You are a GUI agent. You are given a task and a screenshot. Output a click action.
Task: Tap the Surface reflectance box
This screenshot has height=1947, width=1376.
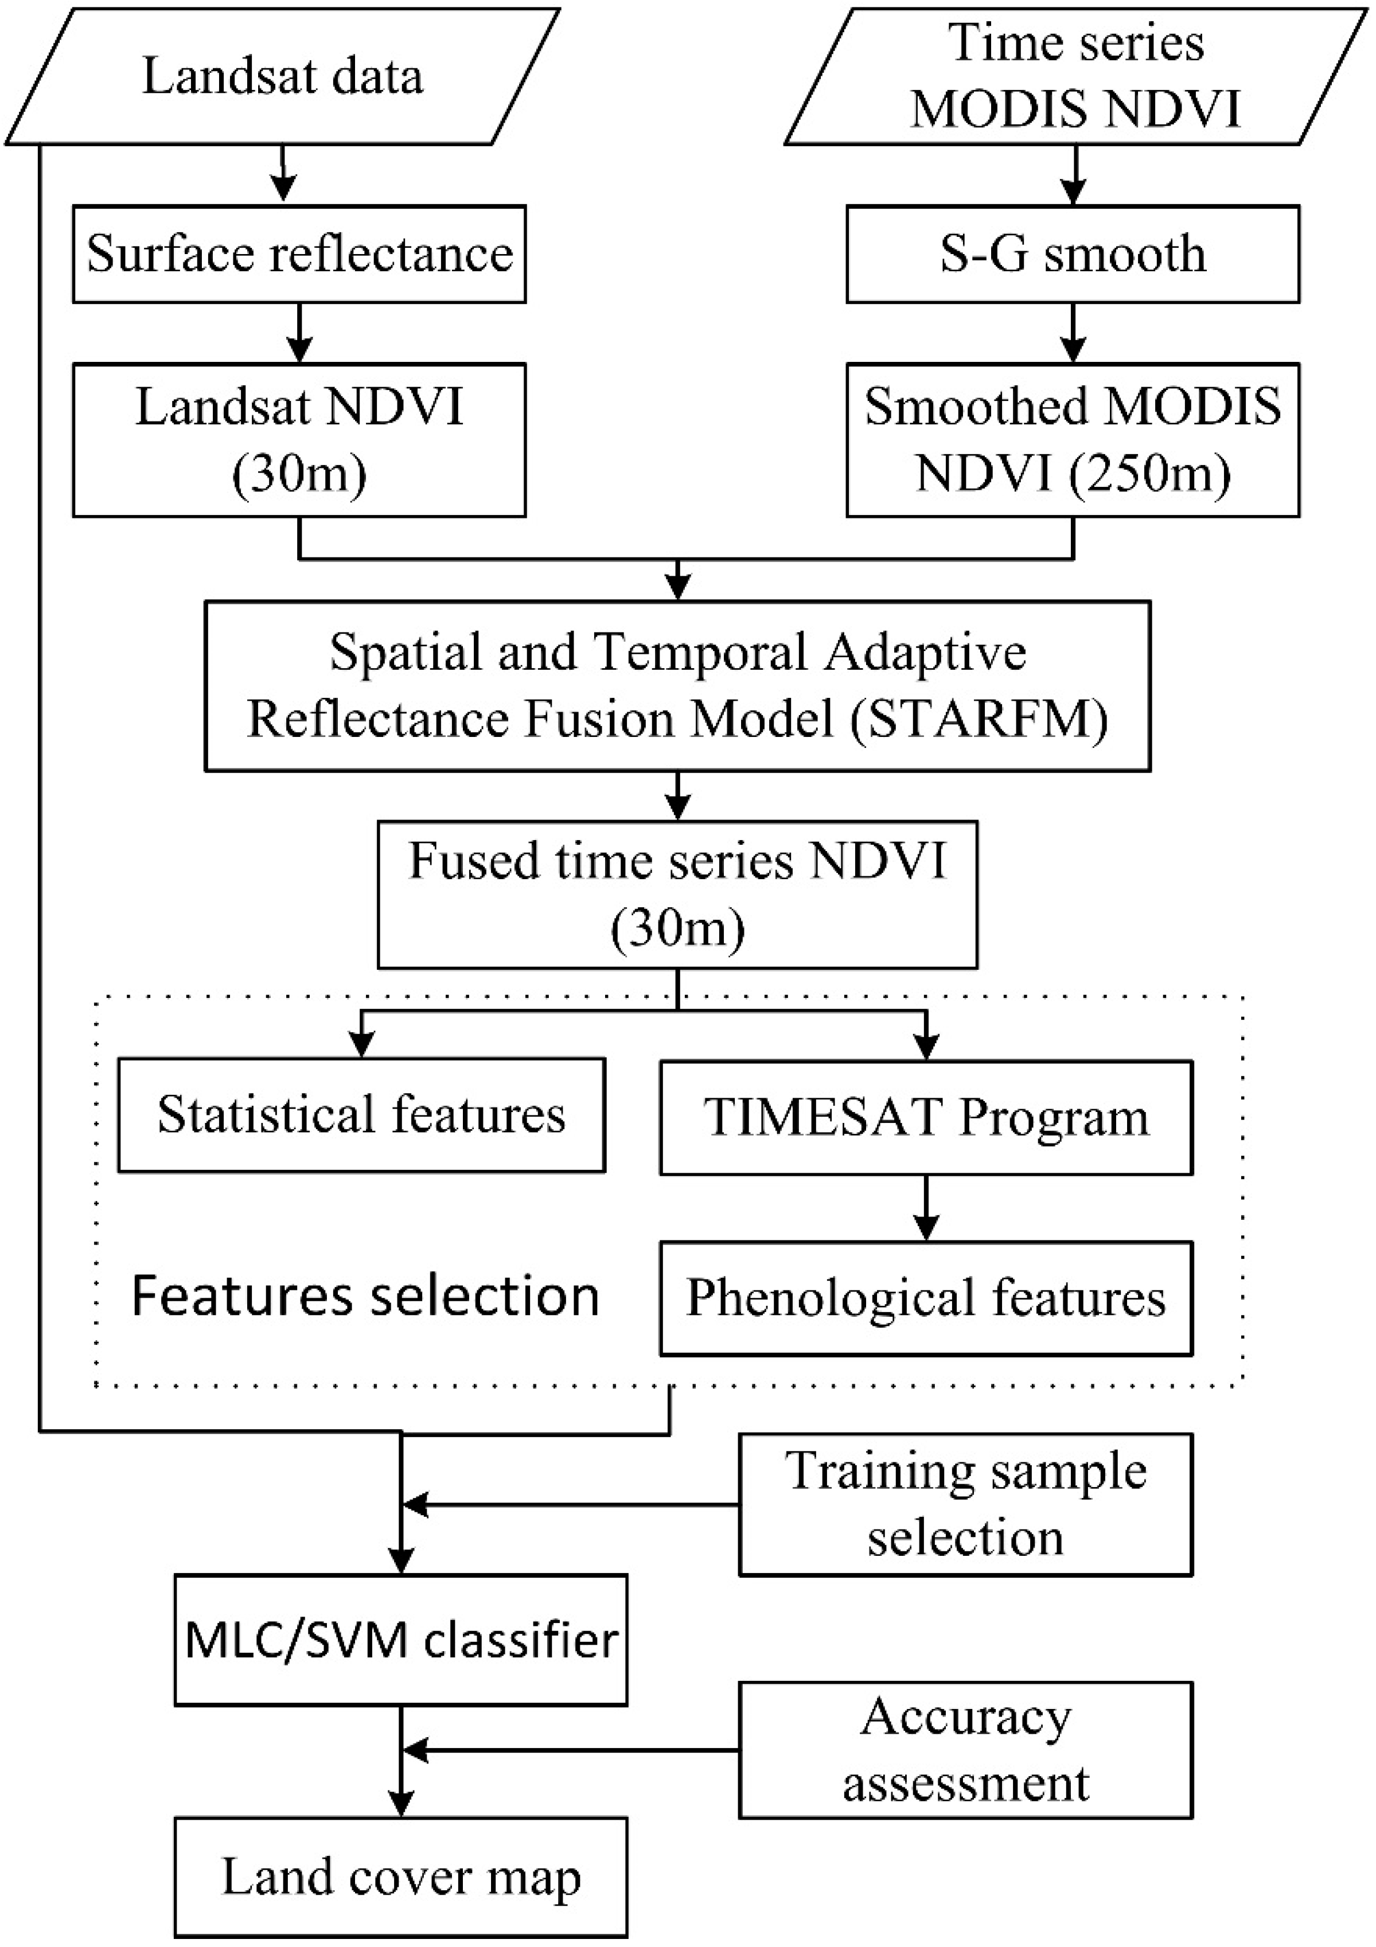pyautogui.click(x=299, y=253)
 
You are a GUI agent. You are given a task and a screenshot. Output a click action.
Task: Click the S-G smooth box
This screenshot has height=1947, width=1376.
pyautogui.click(x=1073, y=253)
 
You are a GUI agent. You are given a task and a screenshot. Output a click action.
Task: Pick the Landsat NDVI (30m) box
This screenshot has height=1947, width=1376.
pyautogui.click(x=299, y=439)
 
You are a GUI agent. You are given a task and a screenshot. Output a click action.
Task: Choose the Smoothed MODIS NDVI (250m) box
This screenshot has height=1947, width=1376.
pyautogui.click(x=1073, y=439)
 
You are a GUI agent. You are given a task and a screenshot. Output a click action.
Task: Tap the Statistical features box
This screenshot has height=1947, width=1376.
pyautogui.click(x=361, y=1114)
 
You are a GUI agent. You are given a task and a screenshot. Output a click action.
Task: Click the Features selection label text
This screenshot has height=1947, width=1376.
pyautogui.click(x=365, y=1296)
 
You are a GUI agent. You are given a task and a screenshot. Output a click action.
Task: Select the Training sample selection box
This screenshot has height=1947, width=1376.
pyautogui.click(x=965, y=1504)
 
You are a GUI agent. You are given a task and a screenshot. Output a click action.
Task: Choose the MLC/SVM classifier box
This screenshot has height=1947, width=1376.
pyautogui.click(x=400, y=1640)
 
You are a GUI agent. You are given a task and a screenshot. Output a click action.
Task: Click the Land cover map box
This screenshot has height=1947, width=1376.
pyautogui.click(x=400, y=1878)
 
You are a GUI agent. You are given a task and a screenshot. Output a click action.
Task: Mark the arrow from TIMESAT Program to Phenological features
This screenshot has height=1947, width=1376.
pyautogui.click(x=926, y=1208)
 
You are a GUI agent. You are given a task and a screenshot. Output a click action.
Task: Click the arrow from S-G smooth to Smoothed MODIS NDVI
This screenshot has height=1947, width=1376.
pyautogui.click(x=1073, y=333)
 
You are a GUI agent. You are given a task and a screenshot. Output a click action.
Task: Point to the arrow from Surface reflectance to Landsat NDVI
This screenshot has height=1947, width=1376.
pyautogui.click(x=299, y=333)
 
